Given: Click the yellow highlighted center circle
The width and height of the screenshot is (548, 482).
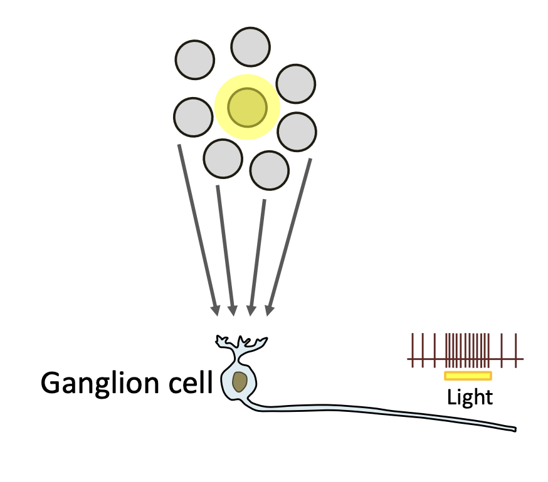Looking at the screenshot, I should pos(247,107).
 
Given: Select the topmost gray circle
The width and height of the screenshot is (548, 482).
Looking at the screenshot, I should pos(251,46).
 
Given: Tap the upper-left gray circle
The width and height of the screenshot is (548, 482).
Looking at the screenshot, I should pos(195,59).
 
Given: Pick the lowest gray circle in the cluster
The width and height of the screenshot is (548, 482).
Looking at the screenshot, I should pos(270,170).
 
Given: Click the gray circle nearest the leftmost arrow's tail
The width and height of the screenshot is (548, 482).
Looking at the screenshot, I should pos(192,117).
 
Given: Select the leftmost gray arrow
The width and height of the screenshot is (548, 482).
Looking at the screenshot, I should pos(198,228).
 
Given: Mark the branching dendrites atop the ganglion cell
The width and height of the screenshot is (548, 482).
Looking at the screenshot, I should pos(241,344).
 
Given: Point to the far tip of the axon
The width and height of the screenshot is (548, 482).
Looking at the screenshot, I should pos(514,429).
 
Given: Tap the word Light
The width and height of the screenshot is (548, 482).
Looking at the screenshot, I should pos(470,397).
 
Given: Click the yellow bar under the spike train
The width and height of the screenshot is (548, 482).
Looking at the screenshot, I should pos(468,376).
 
